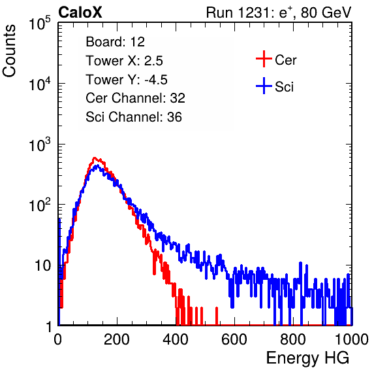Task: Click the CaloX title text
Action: (80, 12)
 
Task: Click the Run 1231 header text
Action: (279, 12)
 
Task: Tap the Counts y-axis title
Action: (9, 51)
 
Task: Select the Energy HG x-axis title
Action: (307, 358)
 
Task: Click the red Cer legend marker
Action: (264, 59)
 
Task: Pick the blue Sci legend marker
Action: (264, 86)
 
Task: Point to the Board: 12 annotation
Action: (115, 42)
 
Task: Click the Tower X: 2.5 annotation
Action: (124, 61)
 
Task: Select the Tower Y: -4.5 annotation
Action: (127, 80)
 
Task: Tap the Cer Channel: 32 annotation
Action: (136, 98)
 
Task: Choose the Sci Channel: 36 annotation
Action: (134, 117)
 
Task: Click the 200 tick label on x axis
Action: (117, 339)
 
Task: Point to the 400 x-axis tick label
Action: (176, 339)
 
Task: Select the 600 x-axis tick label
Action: (234, 339)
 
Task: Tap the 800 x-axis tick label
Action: (293, 339)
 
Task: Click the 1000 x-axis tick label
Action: (352, 339)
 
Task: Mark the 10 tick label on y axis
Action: (43, 266)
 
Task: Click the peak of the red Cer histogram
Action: (94, 158)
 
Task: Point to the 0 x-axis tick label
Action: (57, 339)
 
